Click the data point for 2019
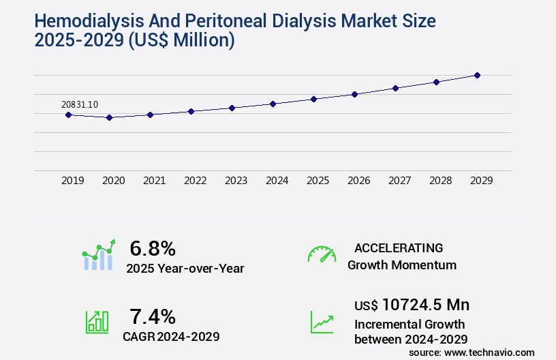[x=68, y=115]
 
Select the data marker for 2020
[x=109, y=117]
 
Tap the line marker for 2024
[x=273, y=104]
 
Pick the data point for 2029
[x=477, y=75]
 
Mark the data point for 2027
[x=395, y=88]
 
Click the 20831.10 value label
[x=80, y=104]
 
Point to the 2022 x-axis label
[x=196, y=181]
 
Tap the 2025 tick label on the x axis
[x=318, y=181]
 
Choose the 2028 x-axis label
[x=441, y=181]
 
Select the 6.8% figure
[x=153, y=248]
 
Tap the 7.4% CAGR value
[x=153, y=316]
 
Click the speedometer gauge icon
[x=322, y=254]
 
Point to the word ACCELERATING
[x=399, y=248]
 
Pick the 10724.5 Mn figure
[x=426, y=304]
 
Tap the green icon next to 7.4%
[x=97, y=321]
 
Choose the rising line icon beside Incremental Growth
[x=322, y=322]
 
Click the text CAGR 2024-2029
[x=171, y=336]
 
